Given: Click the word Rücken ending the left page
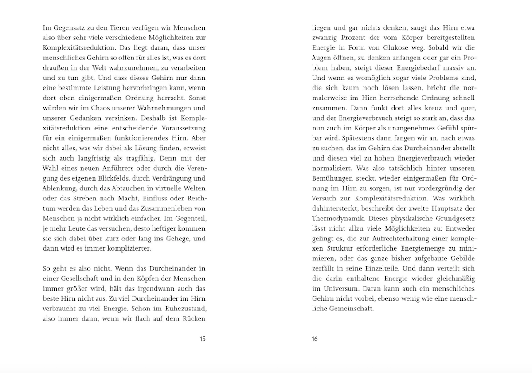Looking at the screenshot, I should (194, 318).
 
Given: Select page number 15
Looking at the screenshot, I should (202, 339).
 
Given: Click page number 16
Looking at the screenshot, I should (315, 339).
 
